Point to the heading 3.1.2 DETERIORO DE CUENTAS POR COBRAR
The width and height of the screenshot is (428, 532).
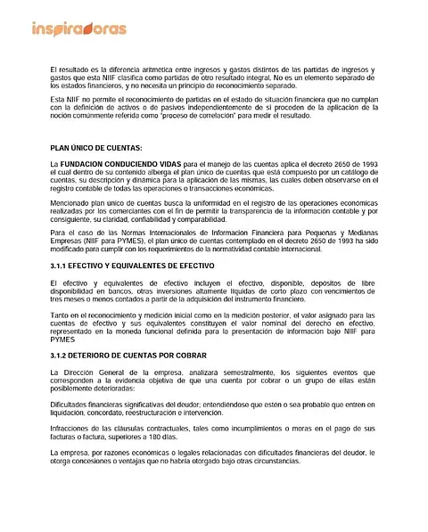tap(127, 356)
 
